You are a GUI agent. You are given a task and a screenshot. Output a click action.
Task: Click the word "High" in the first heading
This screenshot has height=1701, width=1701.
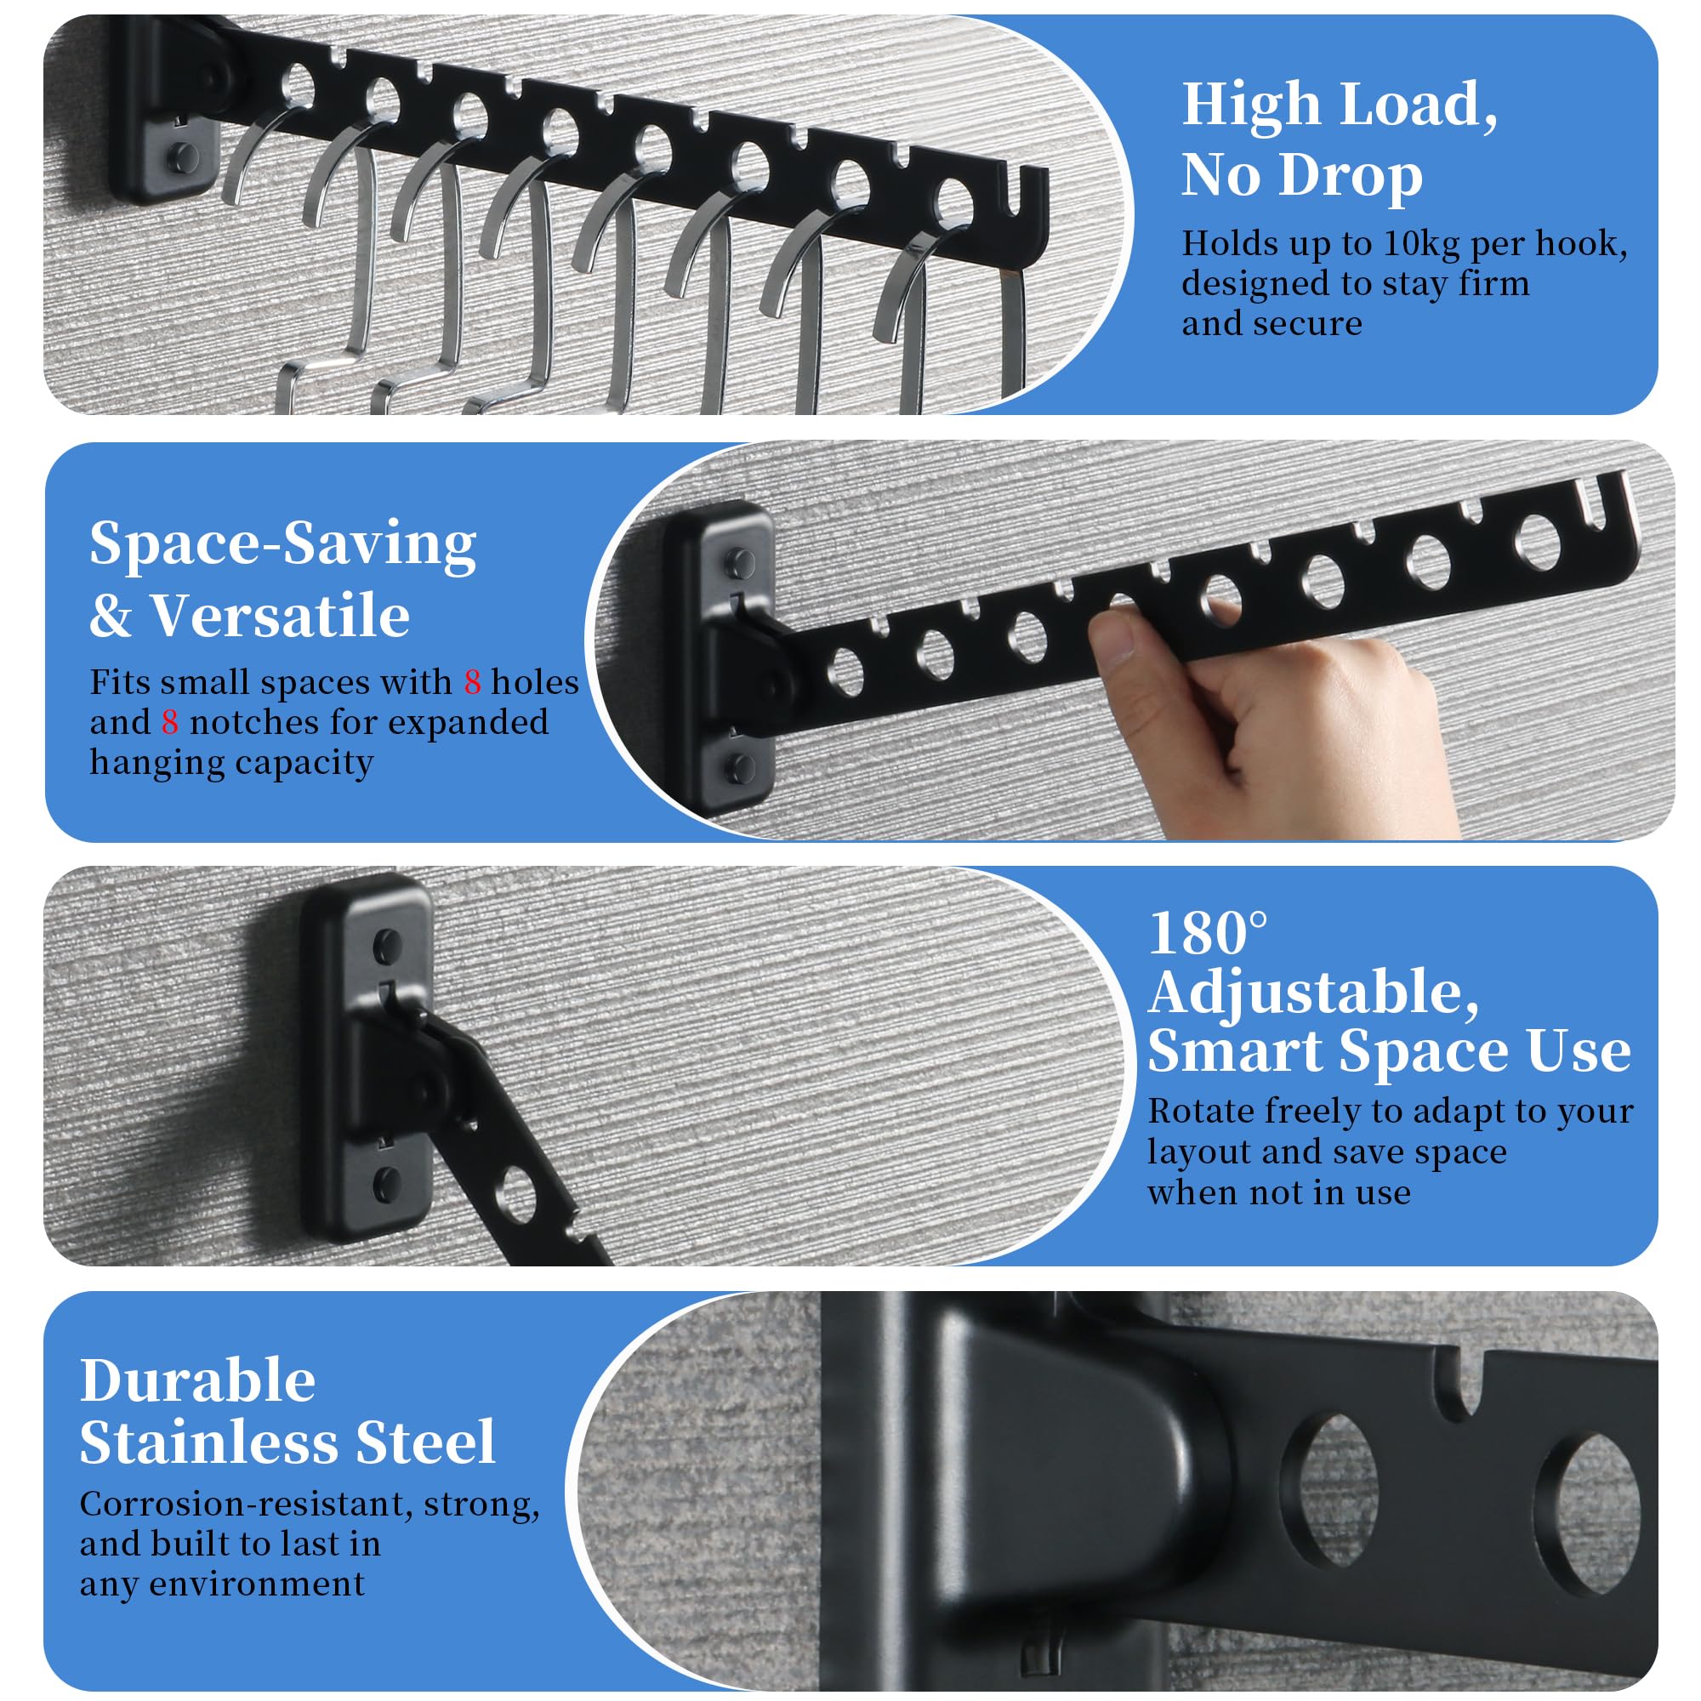[1251, 106]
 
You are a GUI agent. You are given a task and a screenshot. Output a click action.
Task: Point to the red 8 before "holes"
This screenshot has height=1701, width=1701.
[473, 682]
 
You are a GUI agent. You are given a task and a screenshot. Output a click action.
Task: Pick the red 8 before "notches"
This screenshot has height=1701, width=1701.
[170, 723]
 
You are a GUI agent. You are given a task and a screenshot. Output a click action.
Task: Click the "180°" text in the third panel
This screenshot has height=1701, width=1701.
[1208, 933]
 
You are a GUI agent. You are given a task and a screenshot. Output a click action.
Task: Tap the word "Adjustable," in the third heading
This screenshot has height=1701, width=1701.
[1314, 994]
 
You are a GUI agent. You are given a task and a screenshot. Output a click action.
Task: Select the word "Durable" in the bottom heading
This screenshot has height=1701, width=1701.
[197, 1380]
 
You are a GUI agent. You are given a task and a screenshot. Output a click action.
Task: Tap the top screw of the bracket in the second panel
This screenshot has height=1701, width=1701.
[739, 562]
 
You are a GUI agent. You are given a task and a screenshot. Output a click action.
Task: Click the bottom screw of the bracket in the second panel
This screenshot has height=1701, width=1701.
[739, 768]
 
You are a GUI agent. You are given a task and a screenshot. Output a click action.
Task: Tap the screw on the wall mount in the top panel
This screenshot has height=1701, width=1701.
[183, 157]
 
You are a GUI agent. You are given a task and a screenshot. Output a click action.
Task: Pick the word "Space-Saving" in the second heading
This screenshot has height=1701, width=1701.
[282, 544]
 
